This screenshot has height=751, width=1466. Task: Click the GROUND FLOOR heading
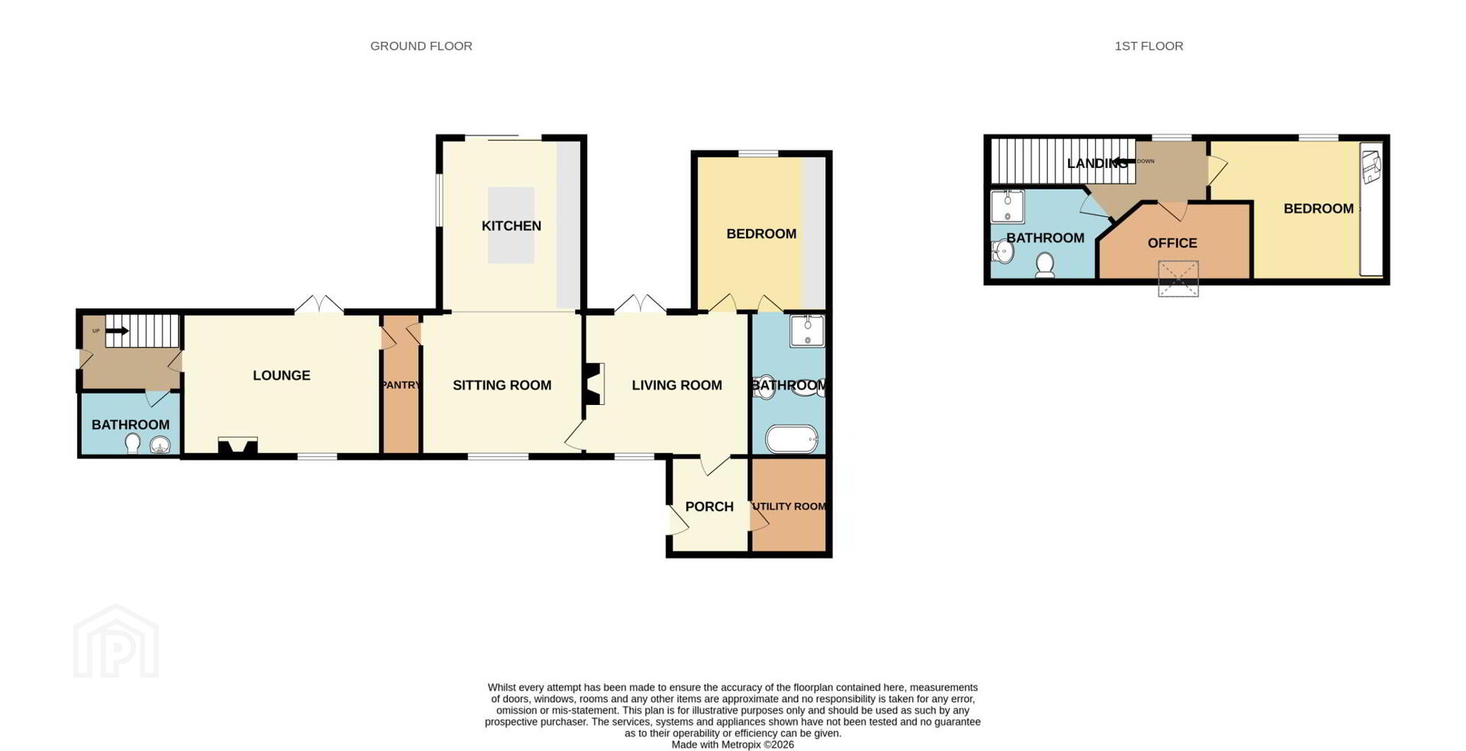point(421,46)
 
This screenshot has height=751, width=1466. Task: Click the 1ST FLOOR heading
point(1148,46)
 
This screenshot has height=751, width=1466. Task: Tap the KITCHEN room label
point(512,225)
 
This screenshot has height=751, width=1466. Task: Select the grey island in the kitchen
point(511,225)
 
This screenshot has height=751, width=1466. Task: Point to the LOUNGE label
point(282,375)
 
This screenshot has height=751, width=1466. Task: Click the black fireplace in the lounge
point(237,446)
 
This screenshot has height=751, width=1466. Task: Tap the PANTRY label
point(401,385)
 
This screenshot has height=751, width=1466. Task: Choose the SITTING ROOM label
point(502,385)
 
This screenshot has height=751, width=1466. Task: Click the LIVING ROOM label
point(676,385)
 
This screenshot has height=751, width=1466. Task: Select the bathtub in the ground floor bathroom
point(792,439)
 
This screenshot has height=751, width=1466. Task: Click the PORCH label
point(709,507)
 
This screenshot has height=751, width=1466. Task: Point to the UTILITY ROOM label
point(790,507)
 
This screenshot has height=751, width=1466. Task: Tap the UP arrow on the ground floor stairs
point(117,331)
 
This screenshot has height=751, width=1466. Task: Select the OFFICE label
point(1172,243)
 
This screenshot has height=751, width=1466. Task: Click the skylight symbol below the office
point(1178,278)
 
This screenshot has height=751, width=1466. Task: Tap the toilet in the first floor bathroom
point(1045,265)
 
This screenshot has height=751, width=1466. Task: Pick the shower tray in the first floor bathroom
point(1008,206)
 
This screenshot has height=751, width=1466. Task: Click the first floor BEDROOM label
point(1319,209)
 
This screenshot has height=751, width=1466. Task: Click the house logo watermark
point(116,641)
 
